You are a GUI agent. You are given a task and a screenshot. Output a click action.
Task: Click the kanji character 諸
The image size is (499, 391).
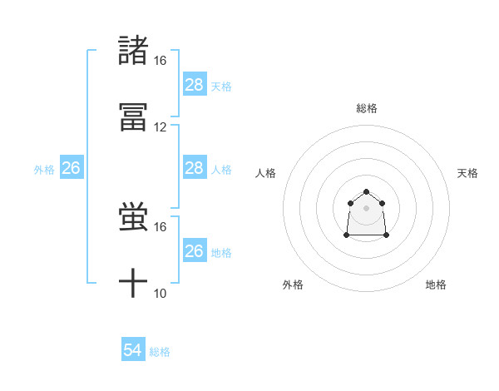(x=134, y=52)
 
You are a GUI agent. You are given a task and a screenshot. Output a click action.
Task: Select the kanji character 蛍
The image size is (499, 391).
(x=134, y=219)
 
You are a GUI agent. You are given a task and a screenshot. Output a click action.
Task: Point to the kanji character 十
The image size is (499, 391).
(x=134, y=285)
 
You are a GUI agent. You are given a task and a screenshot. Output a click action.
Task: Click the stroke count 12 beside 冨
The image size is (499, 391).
(x=161, y=127)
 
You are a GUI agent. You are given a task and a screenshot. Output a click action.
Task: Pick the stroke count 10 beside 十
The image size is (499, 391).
(x=161, y=293)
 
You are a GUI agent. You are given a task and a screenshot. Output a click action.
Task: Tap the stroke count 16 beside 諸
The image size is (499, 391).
(x=161, y=61)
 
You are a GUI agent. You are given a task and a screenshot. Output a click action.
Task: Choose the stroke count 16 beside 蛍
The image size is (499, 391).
(x=161, y=226)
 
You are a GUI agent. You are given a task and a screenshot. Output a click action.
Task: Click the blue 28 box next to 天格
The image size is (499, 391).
(x=194, y=85)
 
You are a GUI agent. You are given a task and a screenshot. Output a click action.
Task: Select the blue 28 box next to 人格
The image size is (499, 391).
(x=194, y=169)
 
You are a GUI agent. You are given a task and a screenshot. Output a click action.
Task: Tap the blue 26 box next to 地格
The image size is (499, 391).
(x=194, y=251)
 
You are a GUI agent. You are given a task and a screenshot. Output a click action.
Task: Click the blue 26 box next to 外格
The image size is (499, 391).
(x=71, y=169)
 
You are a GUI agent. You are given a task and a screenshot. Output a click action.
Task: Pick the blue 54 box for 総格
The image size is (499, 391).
(x=132, y=351)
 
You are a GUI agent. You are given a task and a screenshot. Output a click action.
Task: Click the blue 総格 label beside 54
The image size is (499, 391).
(x=160, y=352)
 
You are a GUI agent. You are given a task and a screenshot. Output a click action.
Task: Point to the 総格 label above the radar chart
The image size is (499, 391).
(x=367, y=108)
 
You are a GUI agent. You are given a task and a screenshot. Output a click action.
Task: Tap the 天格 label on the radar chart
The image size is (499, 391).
(x=468, y=173)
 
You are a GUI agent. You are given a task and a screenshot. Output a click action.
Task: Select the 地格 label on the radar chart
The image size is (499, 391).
(x=436, y=285)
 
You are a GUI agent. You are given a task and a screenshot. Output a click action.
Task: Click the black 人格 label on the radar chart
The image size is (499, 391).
(x=266, y=173)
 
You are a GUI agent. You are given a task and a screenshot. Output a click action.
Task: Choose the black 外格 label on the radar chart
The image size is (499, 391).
(x=294, y=285)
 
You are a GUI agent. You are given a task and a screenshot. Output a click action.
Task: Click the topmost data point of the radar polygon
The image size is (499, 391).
(x=366, y=192)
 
